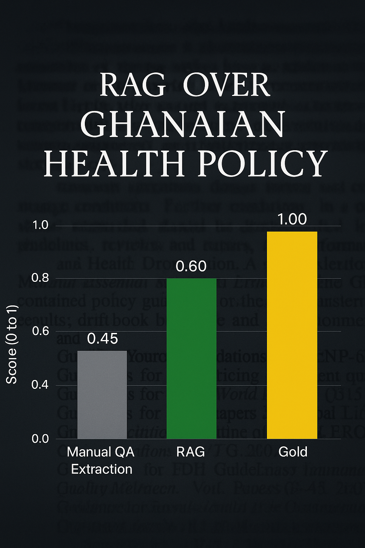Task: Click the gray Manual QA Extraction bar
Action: point(102,395)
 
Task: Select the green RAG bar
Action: point(191,358)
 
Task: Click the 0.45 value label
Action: point(102,339)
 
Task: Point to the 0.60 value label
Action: point(191,267)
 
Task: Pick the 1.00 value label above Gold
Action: point(292,219)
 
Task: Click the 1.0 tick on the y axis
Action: point(40,225)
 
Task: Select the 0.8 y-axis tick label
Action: point(40,278)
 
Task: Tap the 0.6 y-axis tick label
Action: point(40,331)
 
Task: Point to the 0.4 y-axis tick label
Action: point(40,385)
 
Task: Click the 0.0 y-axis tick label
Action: point(40,438)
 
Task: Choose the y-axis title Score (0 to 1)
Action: point(12,344)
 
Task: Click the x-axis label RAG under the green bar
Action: point(190,452)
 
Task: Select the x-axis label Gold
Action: point(293,452)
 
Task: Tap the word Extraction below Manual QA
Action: point(102,469)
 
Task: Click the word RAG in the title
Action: point(133,85)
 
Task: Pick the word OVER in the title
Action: point(227,85)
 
